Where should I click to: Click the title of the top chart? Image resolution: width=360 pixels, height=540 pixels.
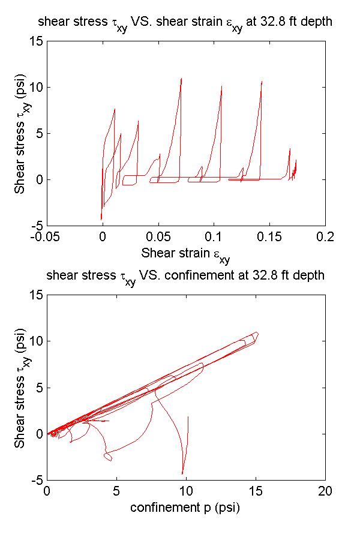(x=185, y=23)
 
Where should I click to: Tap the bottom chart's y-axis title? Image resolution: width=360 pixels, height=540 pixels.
(x=22, y=388)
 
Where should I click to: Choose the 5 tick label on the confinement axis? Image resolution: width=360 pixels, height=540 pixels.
(x=116, y=491)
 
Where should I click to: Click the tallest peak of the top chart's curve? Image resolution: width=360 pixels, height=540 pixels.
(x=181, y=78)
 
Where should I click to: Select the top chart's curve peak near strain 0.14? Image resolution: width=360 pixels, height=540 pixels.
(x=262, y=81)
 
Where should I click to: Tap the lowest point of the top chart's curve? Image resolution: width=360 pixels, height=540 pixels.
(x=101, y=219)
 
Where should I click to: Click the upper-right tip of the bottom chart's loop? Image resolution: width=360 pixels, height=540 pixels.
(x=257, y=332)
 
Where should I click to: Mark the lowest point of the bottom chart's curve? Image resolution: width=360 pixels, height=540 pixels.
(x=182, y=474)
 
